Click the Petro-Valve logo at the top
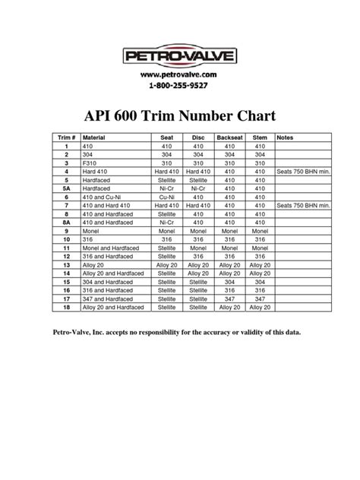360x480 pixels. (180, 55)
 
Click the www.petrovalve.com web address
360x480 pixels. (180, 75)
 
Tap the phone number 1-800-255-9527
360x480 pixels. (180, 87)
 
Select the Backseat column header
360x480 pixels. (227, 137)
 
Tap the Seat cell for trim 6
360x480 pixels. (163, 196)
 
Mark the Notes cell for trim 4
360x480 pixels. (304, 171)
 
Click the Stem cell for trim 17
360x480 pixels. (260, 298)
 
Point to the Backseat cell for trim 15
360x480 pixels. (227, 281)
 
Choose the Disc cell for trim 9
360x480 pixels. (196, 230)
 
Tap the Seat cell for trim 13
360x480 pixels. (163, 264)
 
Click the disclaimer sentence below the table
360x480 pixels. (176, 333)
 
